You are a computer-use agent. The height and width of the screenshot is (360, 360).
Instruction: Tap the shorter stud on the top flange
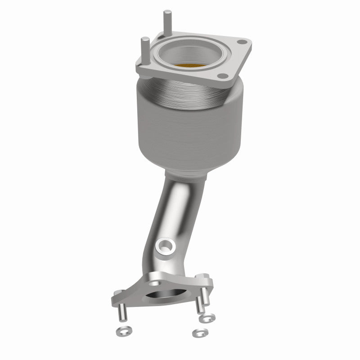point(145,47)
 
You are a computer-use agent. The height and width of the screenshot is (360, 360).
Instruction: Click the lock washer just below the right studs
point(207,319)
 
